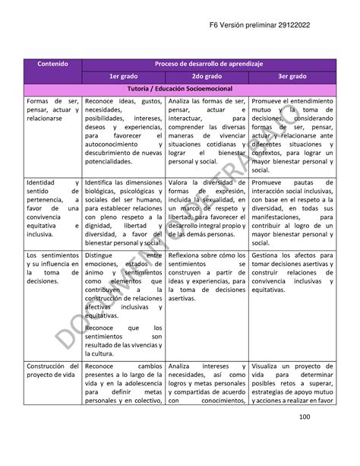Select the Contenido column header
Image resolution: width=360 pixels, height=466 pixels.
[52, 65]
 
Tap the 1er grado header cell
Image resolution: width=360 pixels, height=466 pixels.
[122, 77]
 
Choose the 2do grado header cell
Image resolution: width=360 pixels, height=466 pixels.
[207, 77]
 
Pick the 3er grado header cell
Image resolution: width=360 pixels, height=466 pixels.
[292, 77]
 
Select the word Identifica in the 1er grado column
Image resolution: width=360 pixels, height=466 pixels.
[103, 183]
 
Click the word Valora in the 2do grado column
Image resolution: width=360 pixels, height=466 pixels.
[179, 183]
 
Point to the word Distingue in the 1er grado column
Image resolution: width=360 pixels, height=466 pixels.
[102, 256]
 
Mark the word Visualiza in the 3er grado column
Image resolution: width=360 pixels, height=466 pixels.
[269, 366]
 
